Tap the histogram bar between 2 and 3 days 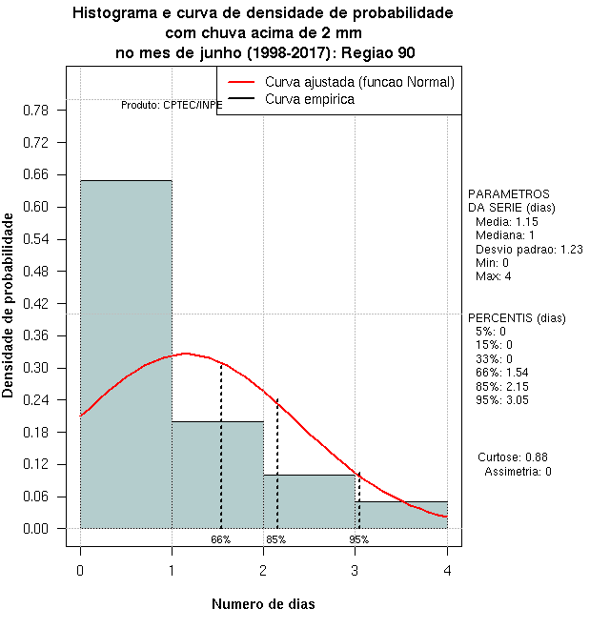[310, 501]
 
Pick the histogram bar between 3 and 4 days [401, 515]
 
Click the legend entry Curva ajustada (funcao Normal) [359, 82]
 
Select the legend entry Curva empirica [310, 98]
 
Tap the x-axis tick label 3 [356, 570]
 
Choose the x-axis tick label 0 [80, 570]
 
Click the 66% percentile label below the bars [221, 539]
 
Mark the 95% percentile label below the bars [358, 539]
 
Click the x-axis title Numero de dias [263, 604]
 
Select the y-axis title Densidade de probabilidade [9, 305]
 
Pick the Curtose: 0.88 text [513, 457]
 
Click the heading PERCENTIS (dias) [516, 318]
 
